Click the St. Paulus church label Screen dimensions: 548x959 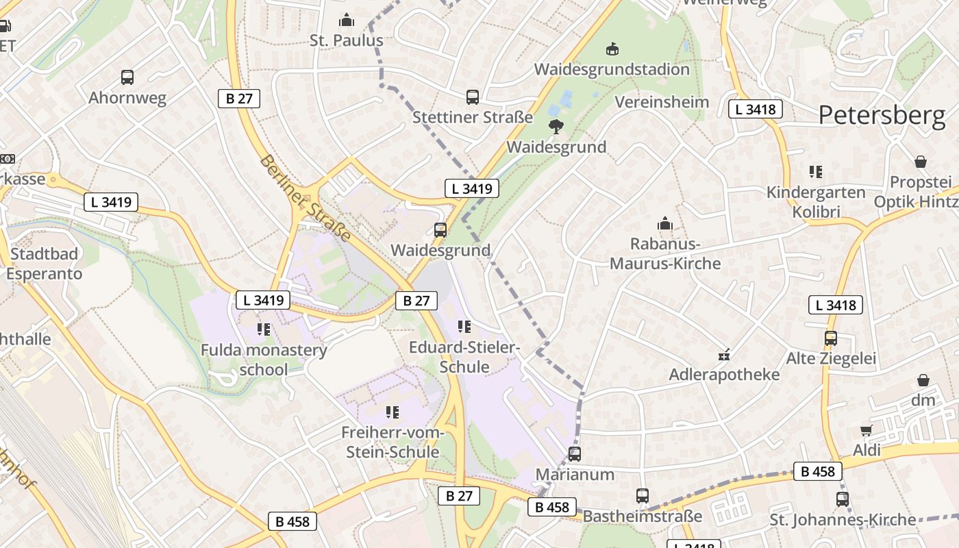pyautogui.click(x=346, y=40)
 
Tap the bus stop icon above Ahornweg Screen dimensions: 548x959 pyautogui.click(x=127, y=77)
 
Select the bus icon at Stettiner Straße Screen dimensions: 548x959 pyautogui.click(x=472, y=97)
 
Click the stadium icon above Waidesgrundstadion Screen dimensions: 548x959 pyautogui.click(x=612, y=49)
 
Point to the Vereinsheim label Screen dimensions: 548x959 pyautogui.click(x=662, y=102)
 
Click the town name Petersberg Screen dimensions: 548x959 pyautogui.click(x=882, y=115)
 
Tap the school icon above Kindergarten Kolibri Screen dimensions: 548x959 pyautogui.click(x=815, y=172)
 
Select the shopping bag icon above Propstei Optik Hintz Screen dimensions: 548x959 pyautogui.click(x=921, y=162)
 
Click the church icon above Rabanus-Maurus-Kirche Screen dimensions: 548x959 pyautogui.click(x=664, y=223)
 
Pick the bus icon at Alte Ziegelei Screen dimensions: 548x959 pyautogui.click(x=830, y=338)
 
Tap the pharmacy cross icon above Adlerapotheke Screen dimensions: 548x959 pyautogui.click(x=723, y=355)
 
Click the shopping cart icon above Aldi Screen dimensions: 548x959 pyautogui.click(x=866, y=430)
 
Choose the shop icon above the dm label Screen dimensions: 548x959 pyautogui.click(x=923, y=380)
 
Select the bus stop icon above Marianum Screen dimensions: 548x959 pyautogui.click(x=574, y=453)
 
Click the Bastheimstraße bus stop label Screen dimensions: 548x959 pyautogui.click(x=643, y=516)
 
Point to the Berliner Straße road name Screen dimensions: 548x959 pyautogui.click(x=306, y=197)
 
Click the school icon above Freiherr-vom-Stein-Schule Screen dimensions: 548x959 pyautogui.click(x=392, y=412)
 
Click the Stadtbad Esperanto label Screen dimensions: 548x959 pyautogui.click(x=45, y=264)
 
